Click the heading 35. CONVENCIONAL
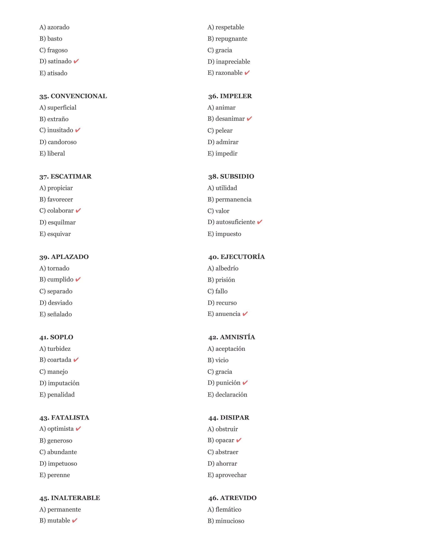(73, 96)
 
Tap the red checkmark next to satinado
(76, 61)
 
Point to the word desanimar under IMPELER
(230, 119)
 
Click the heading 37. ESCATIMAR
(65, 176)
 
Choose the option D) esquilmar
(58, 222)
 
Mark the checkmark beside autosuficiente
(260, 222)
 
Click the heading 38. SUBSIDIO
(231, 176)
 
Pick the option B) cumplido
(56, 279)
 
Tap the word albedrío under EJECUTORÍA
(227, 268)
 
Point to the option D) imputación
(59, 383)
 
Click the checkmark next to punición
(245, 383)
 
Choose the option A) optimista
(57, 429)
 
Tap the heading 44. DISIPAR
(229, 418)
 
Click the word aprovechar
(231, 475)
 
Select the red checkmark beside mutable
(75, 520)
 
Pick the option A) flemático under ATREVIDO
(224, 509)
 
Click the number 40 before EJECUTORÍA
(213, 257)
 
